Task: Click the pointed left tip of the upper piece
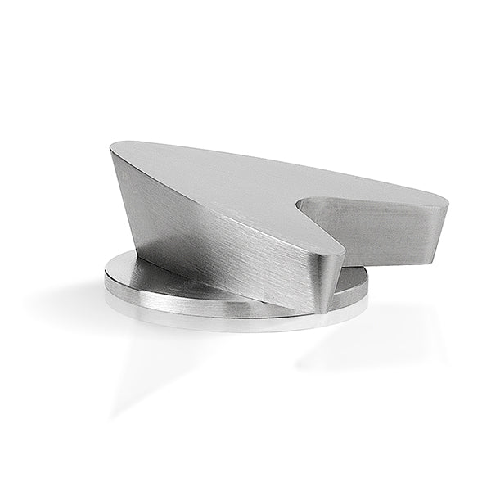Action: pyautogui.click(x=112, y=148)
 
